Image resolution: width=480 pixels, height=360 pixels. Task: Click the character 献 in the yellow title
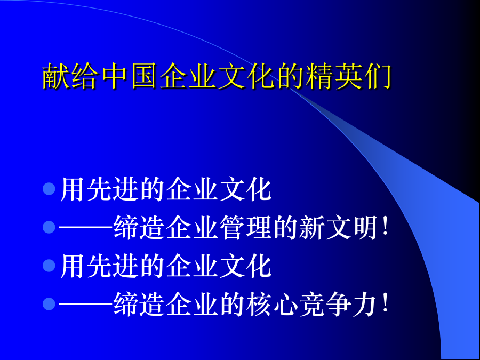tap(55, 76)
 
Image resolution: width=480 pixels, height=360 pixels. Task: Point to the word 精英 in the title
tap(334, 76)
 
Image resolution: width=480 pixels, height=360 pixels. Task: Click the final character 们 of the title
tap(378, 76)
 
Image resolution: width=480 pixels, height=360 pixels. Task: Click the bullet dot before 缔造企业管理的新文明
tap(49, 227)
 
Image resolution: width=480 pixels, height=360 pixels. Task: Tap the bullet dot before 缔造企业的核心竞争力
tap(49, 303)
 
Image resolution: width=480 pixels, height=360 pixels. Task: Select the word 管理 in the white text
tap(246, 227)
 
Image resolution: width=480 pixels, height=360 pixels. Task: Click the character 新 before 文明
tap(311, 227)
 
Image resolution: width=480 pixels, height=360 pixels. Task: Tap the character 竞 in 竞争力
tap(311, 303)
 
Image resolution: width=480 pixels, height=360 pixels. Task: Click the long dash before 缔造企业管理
tap(86, 227)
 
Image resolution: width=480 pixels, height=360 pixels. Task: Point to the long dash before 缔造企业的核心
tap(86, 304)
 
